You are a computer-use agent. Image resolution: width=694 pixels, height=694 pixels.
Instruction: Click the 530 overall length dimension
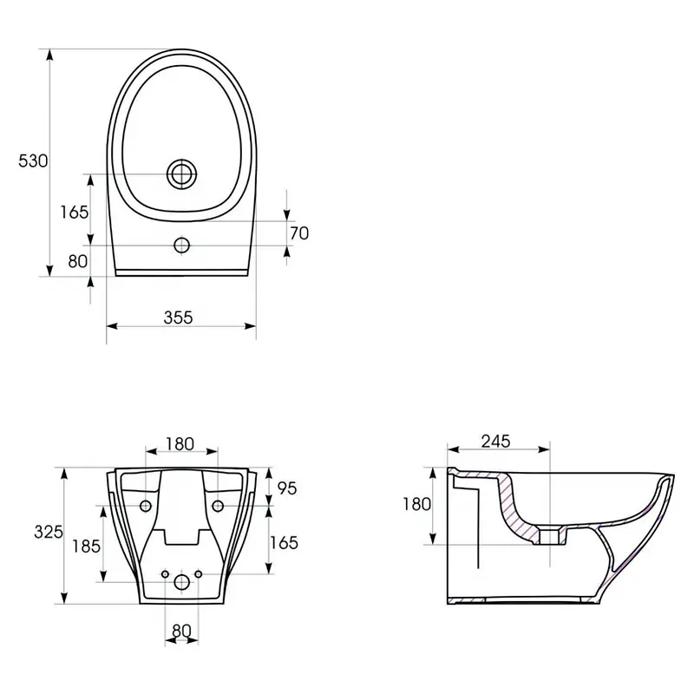(33, 160)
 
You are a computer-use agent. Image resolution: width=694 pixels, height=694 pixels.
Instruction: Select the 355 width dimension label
(179, 318)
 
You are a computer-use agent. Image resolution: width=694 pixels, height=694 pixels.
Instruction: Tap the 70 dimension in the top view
(299, 233)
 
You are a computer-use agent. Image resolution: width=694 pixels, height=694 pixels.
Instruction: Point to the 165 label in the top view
(75, 213)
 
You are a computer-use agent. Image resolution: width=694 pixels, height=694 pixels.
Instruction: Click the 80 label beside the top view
(77, 262)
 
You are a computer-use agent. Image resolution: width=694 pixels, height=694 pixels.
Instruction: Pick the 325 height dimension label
(49, 532)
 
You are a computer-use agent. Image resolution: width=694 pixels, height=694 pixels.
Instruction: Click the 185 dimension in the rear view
(86, 547)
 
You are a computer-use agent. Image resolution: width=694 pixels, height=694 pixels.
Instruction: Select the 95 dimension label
(287, 488)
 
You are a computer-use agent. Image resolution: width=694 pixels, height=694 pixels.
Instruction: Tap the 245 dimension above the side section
(495, 442)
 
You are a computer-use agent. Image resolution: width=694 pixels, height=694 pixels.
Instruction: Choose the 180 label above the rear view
(180, 444)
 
